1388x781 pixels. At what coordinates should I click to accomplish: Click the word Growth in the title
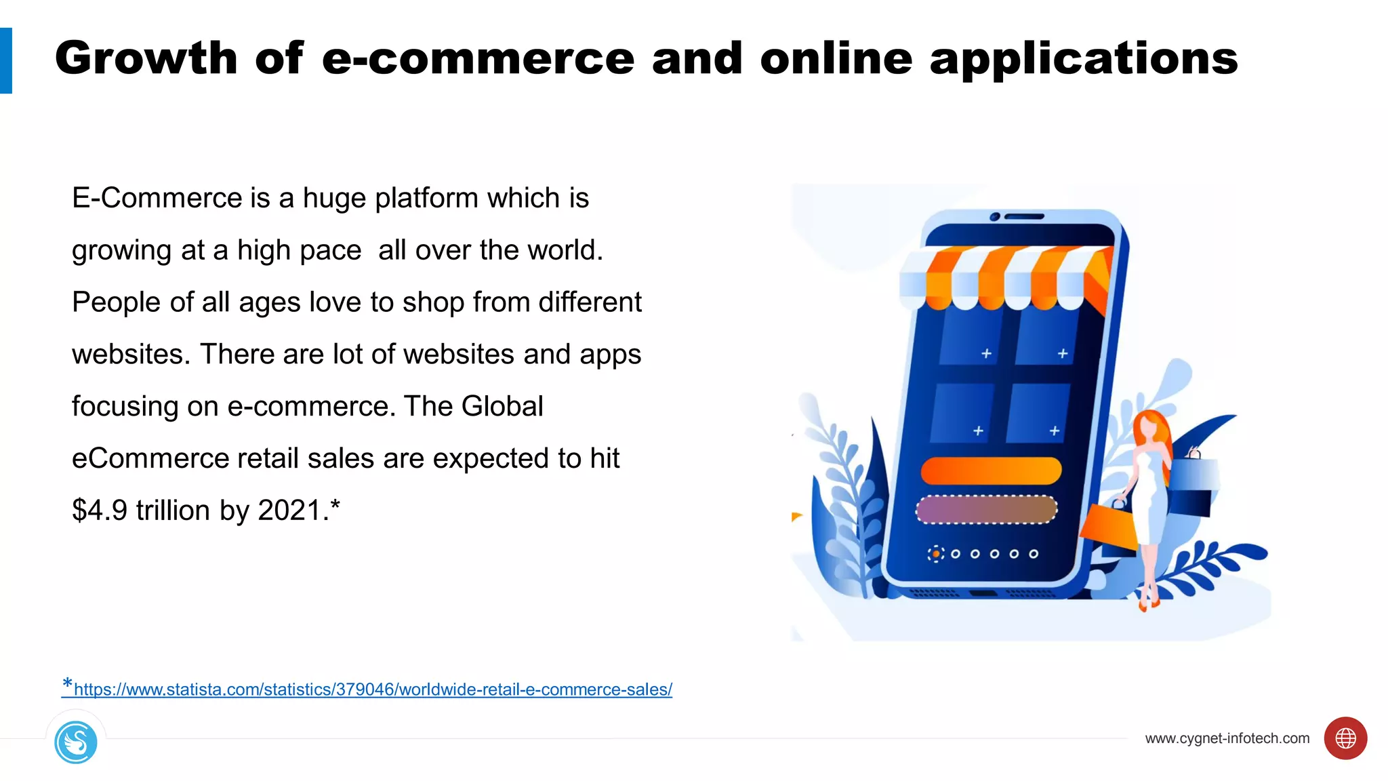(146, 58)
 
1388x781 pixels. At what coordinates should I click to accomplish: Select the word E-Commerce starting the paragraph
(157, 199)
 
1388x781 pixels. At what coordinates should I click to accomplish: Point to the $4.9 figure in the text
(100, 510)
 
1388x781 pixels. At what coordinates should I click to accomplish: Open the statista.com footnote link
(373, 689)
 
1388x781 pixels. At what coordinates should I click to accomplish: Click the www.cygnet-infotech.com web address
(1227, 738)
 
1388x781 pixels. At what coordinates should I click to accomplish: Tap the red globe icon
(1345, 738)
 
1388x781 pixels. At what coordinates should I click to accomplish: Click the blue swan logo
(76, 742)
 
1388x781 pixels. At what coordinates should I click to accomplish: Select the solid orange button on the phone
(990, 470)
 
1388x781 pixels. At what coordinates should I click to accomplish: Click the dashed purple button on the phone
(986, 510)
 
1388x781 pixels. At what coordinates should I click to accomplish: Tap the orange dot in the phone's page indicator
(936, 554)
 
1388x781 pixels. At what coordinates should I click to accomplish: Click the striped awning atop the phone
(1003, 278)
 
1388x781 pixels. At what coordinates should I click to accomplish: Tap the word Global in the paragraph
(502, 407)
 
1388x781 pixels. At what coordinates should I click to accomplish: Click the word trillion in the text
(173, 510)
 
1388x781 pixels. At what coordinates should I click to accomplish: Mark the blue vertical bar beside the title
(6, 60)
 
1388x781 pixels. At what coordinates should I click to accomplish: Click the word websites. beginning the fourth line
(131, 355)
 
